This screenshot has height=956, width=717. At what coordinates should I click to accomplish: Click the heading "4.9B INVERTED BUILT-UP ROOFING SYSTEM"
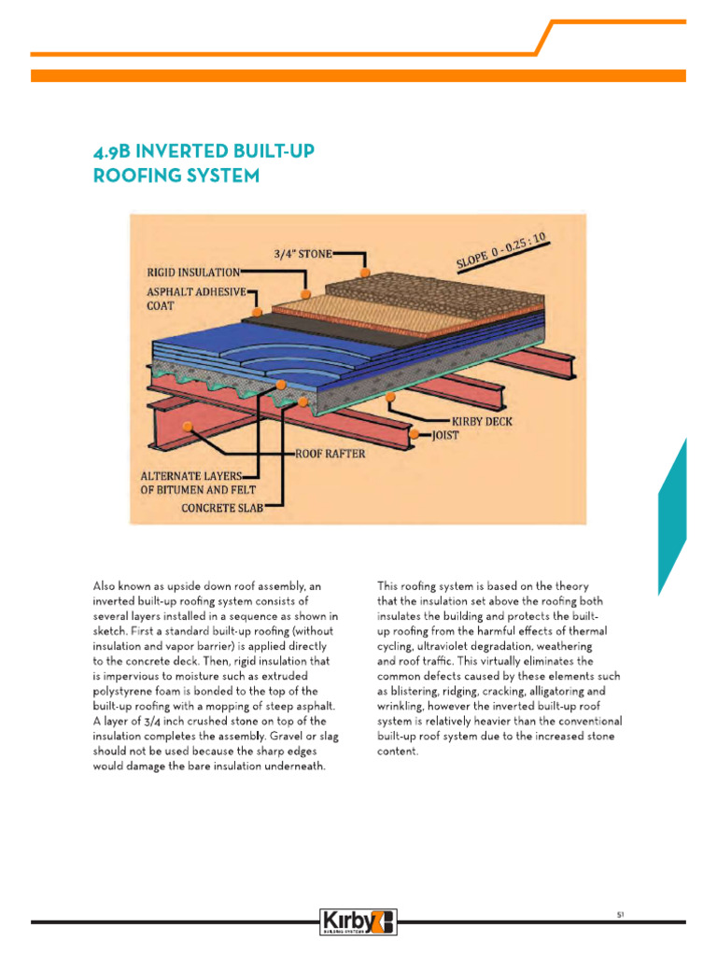click(x=176, y=162)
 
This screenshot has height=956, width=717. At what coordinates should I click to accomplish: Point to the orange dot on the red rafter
click(x=189, y=426)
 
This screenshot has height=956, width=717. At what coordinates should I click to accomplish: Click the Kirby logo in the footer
click(x=358, y=921)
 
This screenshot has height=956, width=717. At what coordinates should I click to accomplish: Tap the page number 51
click(x=619, y=914)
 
